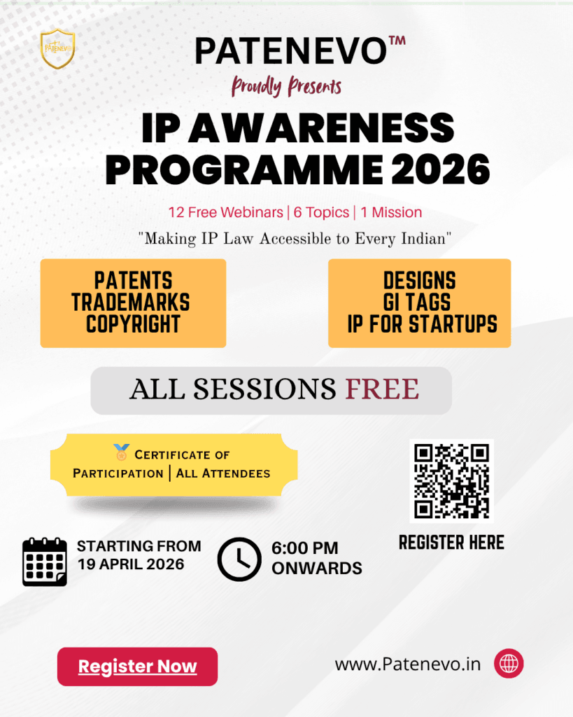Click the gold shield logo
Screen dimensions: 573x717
click(x=57, y=48)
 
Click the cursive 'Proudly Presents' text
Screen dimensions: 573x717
click(x=287, y=86)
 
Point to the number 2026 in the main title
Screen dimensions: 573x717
click(x=441, y=169)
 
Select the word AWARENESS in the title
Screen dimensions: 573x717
click(x=321, y=127)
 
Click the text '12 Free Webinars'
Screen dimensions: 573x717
click(x=226, y=212)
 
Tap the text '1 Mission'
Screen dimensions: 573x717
click(x=391, y=212)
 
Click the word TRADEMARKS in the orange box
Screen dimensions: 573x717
click(x=131, y=302)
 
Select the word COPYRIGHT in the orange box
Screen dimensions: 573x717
click(x=133, y=323)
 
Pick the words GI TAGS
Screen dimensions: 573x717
click(x=417, y=302)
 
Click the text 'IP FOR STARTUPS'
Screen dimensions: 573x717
click(x=422, y=323)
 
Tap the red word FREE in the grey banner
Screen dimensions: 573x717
click(x=382, y=389)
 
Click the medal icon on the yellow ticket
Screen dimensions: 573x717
click(x=122, y=452)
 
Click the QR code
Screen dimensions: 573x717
click(x=451, y=480)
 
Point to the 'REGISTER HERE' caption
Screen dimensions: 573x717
click(x=451, y=543)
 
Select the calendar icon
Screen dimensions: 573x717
click(x=45, y=562)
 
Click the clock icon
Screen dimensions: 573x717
click(x=239, y=559)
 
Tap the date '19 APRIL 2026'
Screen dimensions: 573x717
click(x=131, y=564)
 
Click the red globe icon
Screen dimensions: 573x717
click(x=509, y=664)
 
